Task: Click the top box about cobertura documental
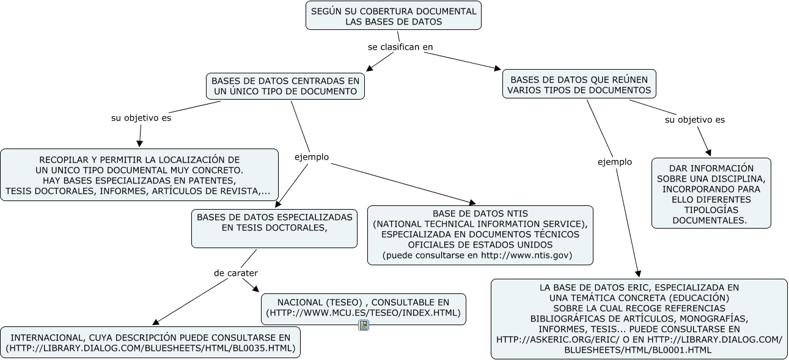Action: click(394, 15)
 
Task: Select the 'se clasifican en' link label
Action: click(400, 47)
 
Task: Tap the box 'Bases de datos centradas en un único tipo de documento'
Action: click(285, 86)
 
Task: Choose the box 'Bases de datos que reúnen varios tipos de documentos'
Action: click(579, 84)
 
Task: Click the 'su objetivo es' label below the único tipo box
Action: click(141, 118)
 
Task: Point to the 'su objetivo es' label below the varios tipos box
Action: click(695, 120)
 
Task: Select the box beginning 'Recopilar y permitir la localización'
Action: click(139, 175)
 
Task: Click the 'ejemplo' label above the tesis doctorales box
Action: click(312, 157)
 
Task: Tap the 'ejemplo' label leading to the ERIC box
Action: click(615, 162)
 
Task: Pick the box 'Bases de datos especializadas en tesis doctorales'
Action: click(274, 229)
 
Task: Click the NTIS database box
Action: click(480, 235)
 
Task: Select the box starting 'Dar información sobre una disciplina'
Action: click(711, 193)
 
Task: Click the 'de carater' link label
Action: click(236, 273)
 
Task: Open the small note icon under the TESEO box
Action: click(364, 325)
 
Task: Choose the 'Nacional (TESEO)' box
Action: click(364, 309)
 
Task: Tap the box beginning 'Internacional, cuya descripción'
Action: click(150, 342)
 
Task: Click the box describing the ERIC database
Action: click(639, 319)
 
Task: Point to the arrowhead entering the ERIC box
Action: click(638, 274)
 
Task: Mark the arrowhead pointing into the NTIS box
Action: click(472, 202)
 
